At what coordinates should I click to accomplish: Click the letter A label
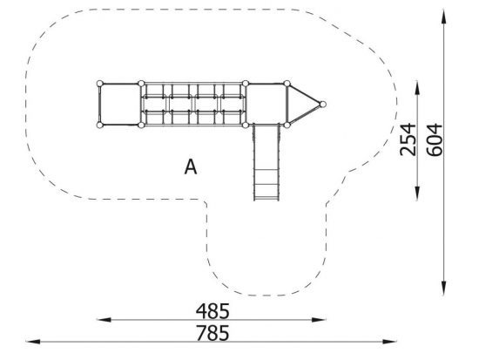[191, 167]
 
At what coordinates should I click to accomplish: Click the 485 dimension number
[213, 311]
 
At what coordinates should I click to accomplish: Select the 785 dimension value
[213, 333]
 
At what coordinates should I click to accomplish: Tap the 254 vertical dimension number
[408, 139]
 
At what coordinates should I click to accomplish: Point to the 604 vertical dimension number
[434, 139]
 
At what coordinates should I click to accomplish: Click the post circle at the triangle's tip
[322, 105]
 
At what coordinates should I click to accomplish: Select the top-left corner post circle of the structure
[100, 84]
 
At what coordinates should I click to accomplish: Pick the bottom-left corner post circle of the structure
[100, 125]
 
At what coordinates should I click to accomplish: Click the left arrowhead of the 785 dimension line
[33, 342]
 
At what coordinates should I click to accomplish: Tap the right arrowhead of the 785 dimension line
[390, 342]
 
